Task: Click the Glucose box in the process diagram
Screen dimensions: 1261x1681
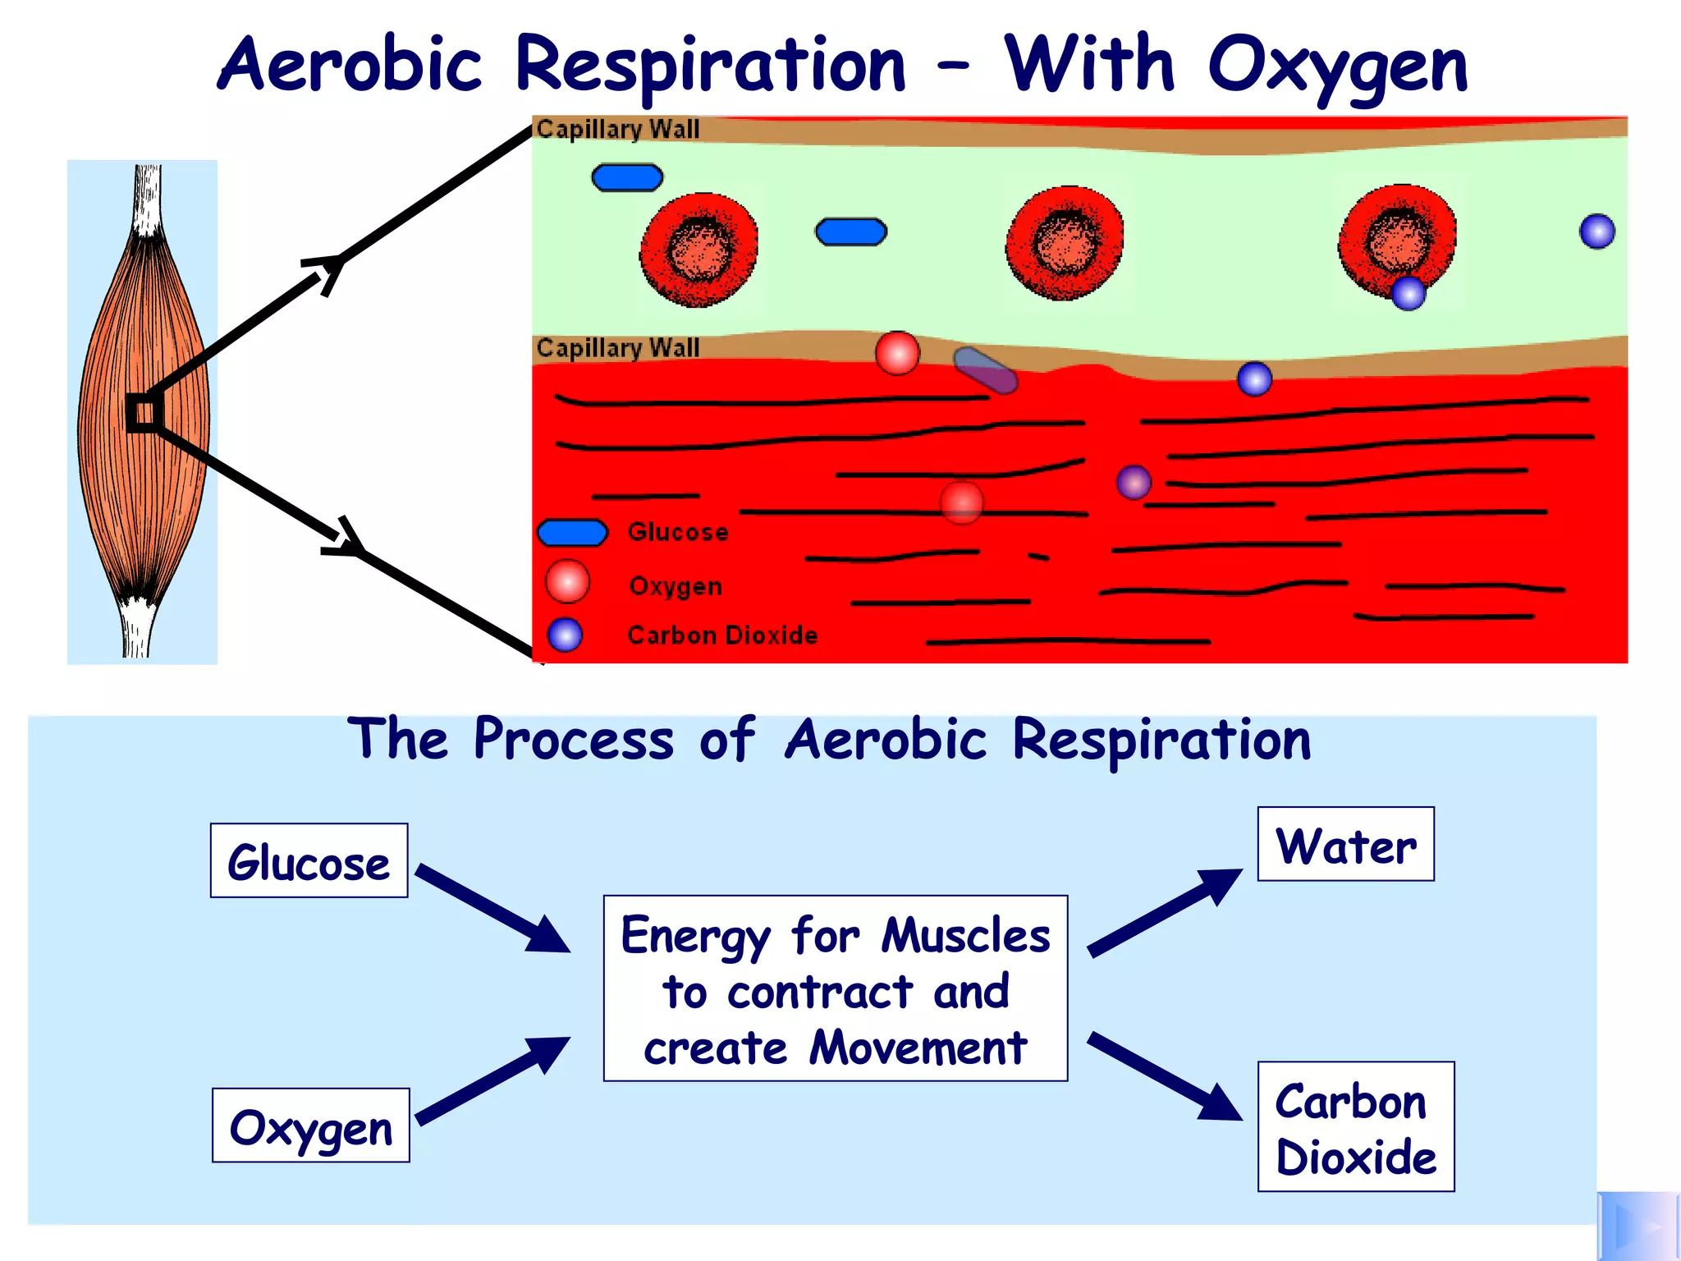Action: pyautogui.click(x=309, y=860)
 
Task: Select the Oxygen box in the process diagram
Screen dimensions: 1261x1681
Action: pyautogui.click(x=311, y=1126)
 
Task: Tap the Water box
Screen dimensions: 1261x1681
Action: pyautogui.click(x=1346, y=844)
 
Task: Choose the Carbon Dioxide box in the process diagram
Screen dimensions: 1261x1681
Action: pyautogui.click(x=1356, y=1126)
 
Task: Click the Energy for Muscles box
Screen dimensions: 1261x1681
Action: pyautogui.click(x=836, y=988)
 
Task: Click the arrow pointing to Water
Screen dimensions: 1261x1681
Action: pyautogui.click(x=1164, y=913)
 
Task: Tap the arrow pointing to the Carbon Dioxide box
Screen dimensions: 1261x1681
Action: pyautogui.click(x=1164, y=1076)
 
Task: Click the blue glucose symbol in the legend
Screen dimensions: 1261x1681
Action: pyautogui.click(x=573, y=533)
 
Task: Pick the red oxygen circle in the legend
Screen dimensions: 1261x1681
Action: pyautogui.click(x=567, y=581)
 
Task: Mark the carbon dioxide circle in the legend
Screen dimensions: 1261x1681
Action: pyautogui.click(x=565, y=635)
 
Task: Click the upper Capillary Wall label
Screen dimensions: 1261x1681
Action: pyautogui.click(x=618, y=130)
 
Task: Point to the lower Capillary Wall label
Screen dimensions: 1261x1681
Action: pyautogui.click(x=618, y=348)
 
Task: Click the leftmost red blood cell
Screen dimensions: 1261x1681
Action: pyautogui.click(x=699, y=250)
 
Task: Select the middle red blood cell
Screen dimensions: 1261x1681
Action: pyautogui.click(x=1065, y=243)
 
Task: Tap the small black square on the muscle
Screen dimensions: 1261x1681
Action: pyautogui.click(x=144, y=412)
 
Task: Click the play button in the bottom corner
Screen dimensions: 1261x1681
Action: pyautogui.click(x=1637, y=1227)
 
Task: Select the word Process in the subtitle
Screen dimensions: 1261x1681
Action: pyautogui.click(x=574, y=740)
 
